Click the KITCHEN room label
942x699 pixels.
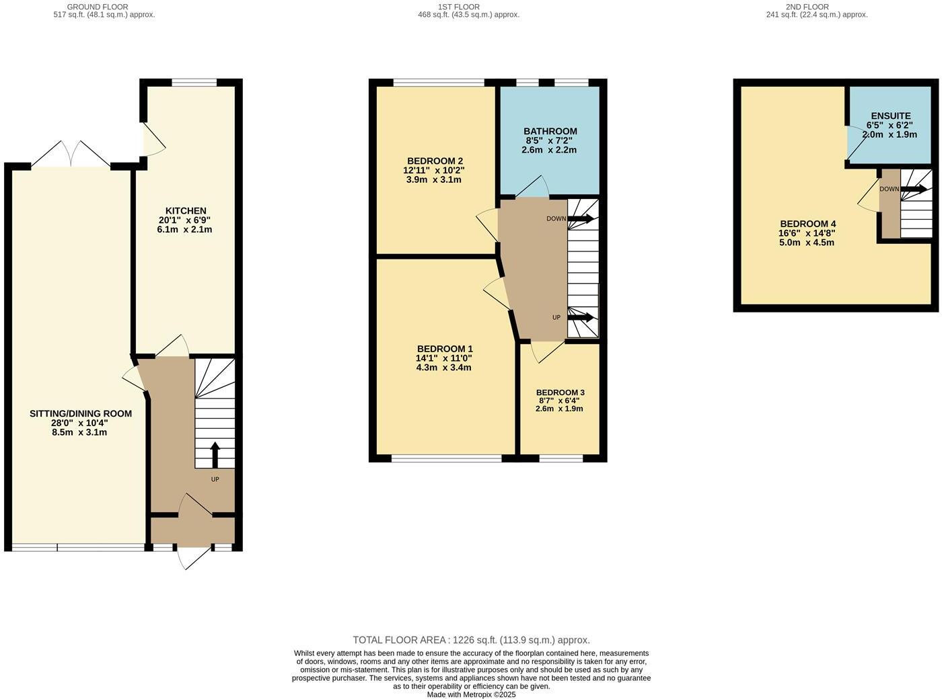[x=186, y=210]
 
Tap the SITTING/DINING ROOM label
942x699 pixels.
[x=81, y=413]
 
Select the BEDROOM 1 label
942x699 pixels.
[x=445, y=349]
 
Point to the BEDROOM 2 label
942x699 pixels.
[x=434, y=161]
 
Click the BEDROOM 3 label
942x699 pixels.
[x=560, y=393]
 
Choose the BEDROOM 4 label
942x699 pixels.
[x=807, y=224]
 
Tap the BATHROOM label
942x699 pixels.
[x=550, y=131]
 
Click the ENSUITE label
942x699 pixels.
[x=890, y=116]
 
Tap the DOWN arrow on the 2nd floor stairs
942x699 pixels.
[x=913, y=189]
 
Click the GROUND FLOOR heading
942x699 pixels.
[x=98, y=7]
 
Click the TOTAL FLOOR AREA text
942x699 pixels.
[x=471, y=640]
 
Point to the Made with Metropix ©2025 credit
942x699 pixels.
[x=471, y=694]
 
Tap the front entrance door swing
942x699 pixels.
[x=194, y=557]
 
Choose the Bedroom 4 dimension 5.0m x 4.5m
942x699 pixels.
[x=807, y=243]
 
